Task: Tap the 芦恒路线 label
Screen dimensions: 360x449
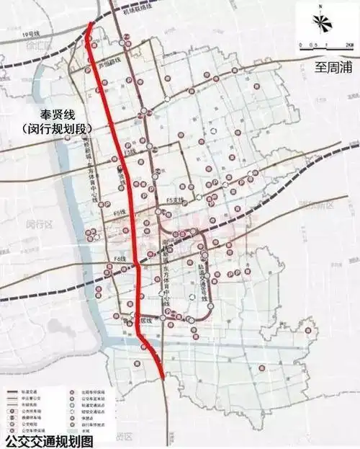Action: [108, 63]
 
